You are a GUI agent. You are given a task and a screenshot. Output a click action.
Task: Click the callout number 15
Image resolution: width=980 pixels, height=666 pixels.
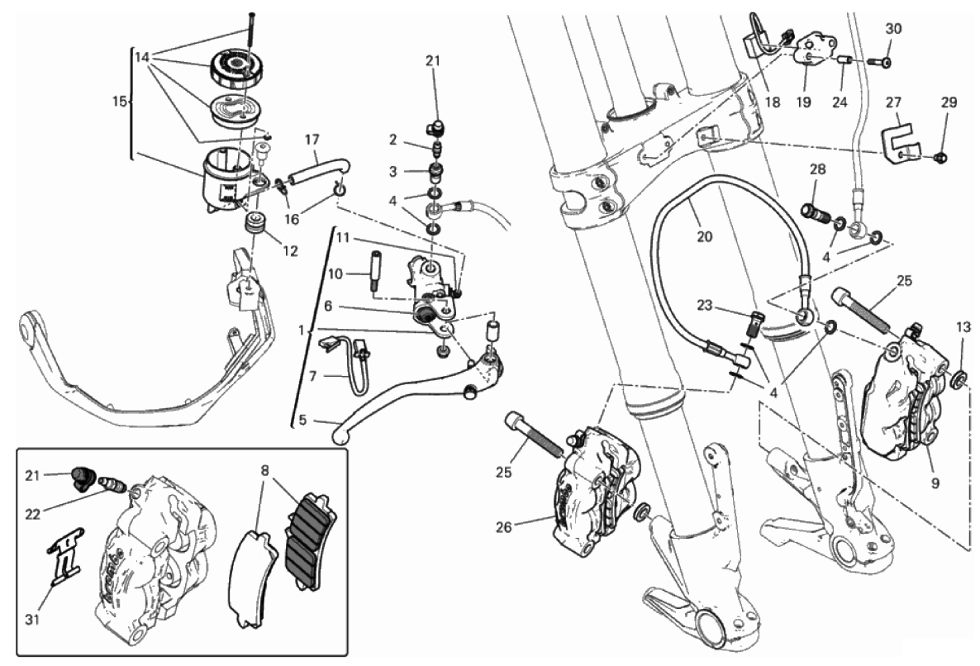118,102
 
